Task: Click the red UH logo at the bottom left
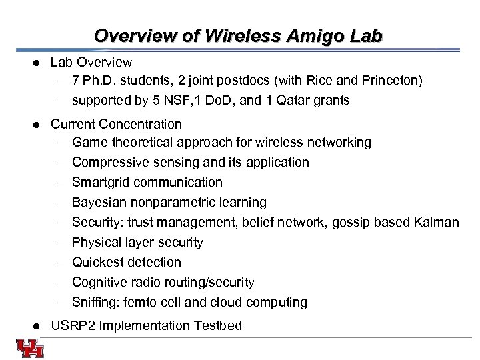30,347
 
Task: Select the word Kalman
437,222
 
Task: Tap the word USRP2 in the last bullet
70,326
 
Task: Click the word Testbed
217,326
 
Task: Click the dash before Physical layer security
60,242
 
